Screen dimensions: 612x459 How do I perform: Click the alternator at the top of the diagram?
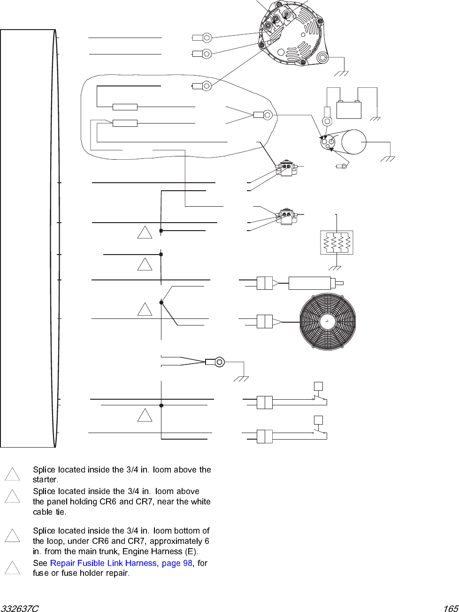click(x=291, y=34)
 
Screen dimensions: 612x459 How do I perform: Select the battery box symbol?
click(x=349, y=110)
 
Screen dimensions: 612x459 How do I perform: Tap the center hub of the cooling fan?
click(x=327, y=322)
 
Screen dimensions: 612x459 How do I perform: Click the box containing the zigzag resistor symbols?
click(x=337, y=242)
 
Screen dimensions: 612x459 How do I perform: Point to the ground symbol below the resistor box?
click(x=335, y=268)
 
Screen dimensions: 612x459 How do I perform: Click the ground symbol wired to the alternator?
click(x=341, y=73)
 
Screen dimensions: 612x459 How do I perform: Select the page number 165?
click(x=451, y=609)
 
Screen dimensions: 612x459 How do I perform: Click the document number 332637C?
click(x=20, y=609)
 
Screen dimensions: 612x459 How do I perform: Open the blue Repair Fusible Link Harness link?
click(x=121, y=563)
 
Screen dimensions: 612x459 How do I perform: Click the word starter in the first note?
click(x=45, y=480)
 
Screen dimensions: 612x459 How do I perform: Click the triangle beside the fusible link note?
click(x=12, y=567)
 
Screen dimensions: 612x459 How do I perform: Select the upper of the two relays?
click(x=286, y=169)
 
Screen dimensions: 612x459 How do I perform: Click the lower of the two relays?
click(x=286, y=217)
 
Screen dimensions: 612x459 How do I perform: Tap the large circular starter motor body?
click(x=354, y=142)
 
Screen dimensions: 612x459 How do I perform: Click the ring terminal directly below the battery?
click(x=327, y=121)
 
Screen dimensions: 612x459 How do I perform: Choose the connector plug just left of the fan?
click(x=265, y=322)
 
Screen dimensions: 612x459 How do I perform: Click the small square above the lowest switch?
click(x=318, y=420)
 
